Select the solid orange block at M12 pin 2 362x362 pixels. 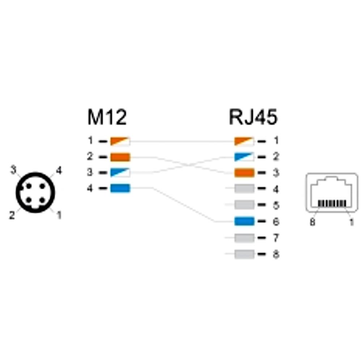(x=120, y=157)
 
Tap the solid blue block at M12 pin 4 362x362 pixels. (x=120, y=188)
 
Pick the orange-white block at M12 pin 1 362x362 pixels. (x=120, y=141)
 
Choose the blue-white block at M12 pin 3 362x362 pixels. (x=120, y=172)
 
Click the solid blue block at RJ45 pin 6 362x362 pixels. (x=244, y=221)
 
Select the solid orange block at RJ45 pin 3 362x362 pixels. (x=244, y=173)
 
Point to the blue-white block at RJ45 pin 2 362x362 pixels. (x=244, y=157)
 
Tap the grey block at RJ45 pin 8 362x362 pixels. (x=244, y=254)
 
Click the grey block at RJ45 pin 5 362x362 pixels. (x=244, y=205)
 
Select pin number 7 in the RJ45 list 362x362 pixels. (x=276, y=238)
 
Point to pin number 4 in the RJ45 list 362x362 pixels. (x=276, y=189)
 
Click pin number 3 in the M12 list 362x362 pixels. (x=90, y=172)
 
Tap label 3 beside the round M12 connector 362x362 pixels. (x=14, y=170)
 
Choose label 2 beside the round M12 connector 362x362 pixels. (x=12, y=215)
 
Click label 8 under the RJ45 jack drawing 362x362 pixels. (x=312, y=222)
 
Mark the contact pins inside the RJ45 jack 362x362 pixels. (x=332, y=203)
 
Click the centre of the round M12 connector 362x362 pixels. (x=35, y=193)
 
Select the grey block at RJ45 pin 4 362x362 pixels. (x=244, y=188)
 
